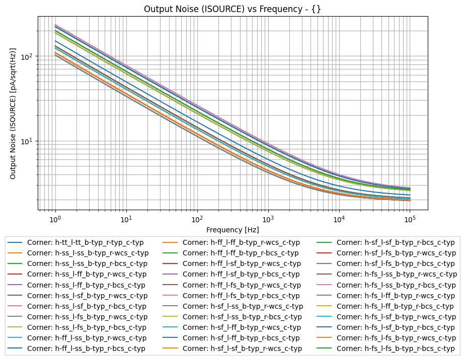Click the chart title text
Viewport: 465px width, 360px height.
click(x=232, y=9)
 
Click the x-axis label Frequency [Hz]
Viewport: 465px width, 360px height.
click(x=232, y=230)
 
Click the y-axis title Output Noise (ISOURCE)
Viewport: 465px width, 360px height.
click(x=13, y=113)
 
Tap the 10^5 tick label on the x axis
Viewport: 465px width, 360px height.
click(x=410, y=218)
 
